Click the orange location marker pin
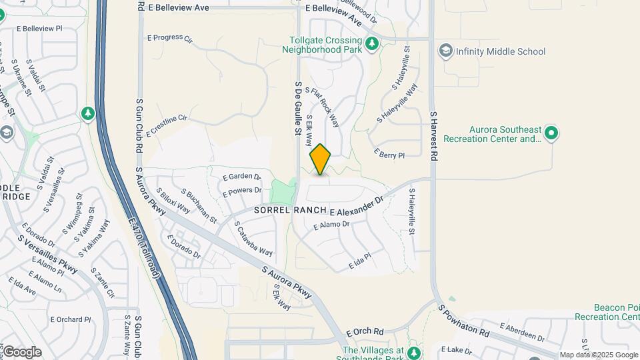click(321, 159)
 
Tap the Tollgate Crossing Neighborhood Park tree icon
click(373, 44)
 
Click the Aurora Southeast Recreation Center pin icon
click(551, 133)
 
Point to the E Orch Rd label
click(365, 331)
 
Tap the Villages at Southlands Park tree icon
click(415, 352)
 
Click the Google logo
click(21, 352)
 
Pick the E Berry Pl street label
click(389, 155)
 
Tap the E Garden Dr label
click(241, 176)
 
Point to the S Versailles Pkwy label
click(47, 253)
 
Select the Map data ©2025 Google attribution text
click(598, 355)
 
